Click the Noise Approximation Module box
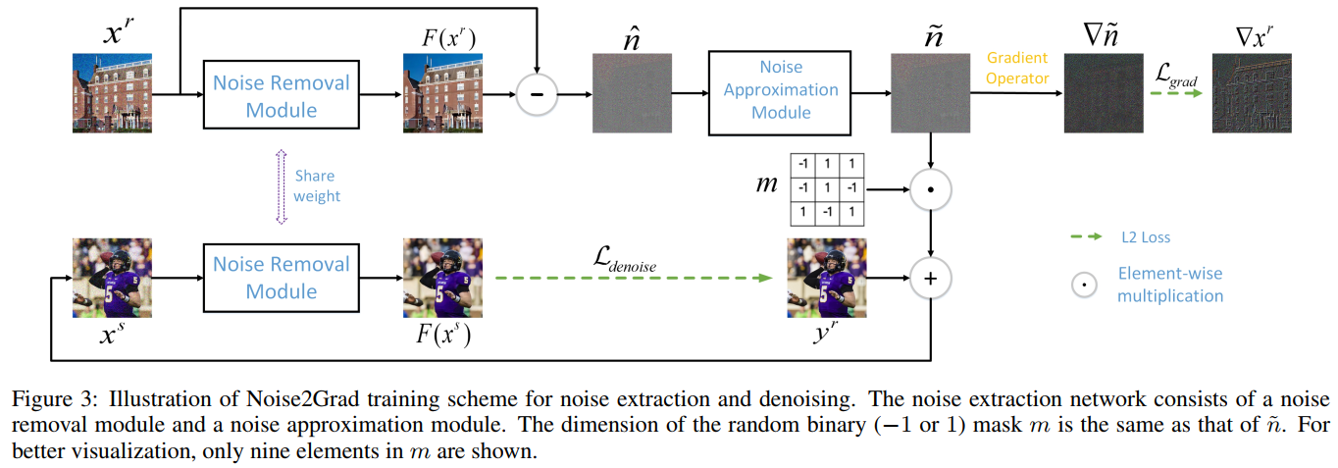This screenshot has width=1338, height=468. pos(781,90)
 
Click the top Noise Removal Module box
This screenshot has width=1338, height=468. pos(282,95)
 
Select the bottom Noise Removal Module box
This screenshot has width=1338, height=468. pos(282,278)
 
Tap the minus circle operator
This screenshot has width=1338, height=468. pos(537,95)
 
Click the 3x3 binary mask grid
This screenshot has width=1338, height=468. pos(827,186)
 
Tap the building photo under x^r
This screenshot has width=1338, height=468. pos(113,93)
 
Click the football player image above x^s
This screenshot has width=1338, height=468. pos(113,278)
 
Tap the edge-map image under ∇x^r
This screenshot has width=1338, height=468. pos(1251,93)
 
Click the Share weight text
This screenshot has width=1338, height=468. pos(316,186)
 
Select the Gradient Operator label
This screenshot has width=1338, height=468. pos(1017,68)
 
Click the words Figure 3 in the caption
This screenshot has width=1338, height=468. pos(43,400)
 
